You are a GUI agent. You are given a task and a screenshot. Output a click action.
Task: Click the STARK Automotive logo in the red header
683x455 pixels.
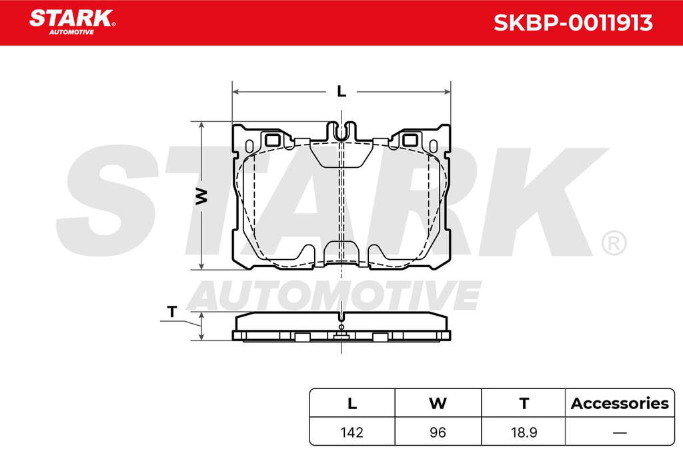click(72, 22)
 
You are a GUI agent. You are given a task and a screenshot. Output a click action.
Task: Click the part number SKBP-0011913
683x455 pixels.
click(573, 23)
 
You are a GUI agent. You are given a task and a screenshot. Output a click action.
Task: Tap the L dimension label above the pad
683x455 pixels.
click(341, 91)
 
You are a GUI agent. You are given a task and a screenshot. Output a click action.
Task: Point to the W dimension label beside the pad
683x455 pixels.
click(201, 196)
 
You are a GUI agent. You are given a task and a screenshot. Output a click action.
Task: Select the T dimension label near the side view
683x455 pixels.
click(172, 312)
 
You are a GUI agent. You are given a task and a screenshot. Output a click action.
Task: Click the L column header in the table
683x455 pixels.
click(352, 403)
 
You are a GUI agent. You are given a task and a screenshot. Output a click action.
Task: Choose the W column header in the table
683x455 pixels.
click(438, 403)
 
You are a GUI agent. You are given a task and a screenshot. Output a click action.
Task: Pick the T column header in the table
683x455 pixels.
click(524, 403)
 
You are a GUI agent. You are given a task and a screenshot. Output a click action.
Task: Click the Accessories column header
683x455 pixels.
click(620, 403)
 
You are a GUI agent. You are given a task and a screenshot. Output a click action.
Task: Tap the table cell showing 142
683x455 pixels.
click(352, 432)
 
